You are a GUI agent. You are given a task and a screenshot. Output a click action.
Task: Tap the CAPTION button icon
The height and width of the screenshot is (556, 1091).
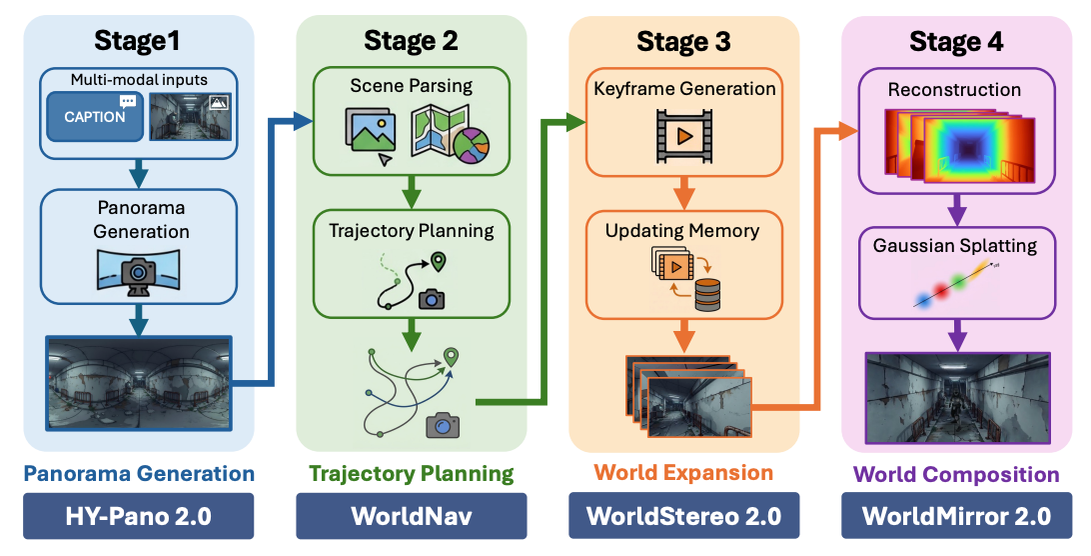pyautogui.click(x=95, y=116)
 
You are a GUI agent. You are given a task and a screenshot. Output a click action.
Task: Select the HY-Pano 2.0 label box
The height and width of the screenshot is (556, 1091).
pyautogui.click(x=138, y=516)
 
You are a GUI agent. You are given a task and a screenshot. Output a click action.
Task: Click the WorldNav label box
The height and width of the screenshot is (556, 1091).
pyautogui.click(x=411, y=516)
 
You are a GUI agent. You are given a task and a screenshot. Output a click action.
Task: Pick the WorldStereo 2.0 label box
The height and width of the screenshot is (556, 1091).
pyautogui.click(x=683, y=516)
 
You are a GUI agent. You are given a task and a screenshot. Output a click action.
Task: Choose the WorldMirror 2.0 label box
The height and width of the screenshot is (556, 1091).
pyautogui.click(x=956, y=516)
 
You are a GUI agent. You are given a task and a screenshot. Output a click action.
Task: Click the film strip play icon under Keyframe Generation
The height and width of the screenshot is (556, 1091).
pyautogui.click(x=683, y=136)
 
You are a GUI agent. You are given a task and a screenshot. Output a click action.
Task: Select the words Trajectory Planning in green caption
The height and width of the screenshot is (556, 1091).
pyautogui.click(x=411, y=474)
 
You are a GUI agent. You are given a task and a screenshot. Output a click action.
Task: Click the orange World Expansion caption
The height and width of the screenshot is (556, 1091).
pyautogui.click(x=683, y=473)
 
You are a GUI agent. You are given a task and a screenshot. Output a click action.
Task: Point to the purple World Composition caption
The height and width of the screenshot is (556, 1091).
pyautogui.click(x=956, y=474)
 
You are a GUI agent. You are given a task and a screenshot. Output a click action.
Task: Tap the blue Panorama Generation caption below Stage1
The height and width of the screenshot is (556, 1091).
pyautogui.click(x=138, y=474)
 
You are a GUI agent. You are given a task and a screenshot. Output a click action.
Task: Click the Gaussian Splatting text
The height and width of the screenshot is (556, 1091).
pyautogui.click(x=956, y=245)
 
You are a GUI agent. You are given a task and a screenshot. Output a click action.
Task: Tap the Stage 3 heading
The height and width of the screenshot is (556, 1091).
pyautogui.click(x=683, y=41)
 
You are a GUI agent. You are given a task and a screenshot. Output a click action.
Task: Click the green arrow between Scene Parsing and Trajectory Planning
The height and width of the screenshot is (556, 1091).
pyautogui.click(x=410, y=187)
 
